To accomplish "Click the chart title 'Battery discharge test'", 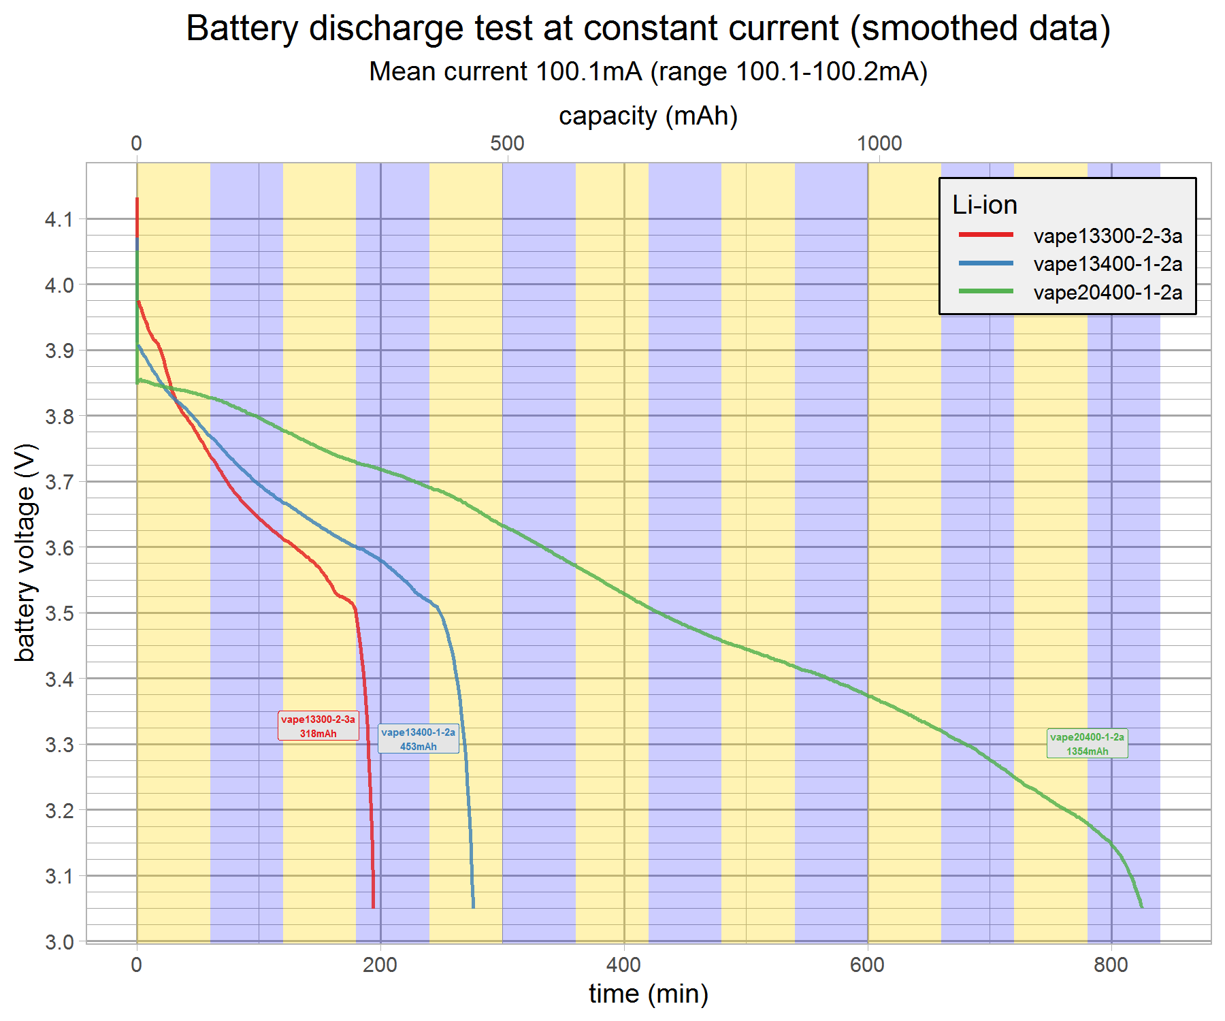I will point(648,29).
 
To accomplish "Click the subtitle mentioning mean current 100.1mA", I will point(648,71).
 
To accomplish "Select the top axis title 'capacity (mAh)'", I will point(648,116).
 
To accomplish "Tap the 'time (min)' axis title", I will point(648,994).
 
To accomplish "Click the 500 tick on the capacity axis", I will point(507,144).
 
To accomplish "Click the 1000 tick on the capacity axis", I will point(879,144).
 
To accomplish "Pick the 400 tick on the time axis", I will point(623,965).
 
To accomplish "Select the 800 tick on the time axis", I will point(1111,965).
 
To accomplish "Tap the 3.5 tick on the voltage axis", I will point(59,613).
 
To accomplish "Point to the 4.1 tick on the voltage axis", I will point(59,219).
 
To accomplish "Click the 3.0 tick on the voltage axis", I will point(59,942).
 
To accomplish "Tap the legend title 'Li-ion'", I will point(984,205).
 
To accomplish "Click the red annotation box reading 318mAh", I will point(318,726).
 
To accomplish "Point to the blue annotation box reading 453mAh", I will point(418,739).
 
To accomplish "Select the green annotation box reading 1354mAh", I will point(1087,744).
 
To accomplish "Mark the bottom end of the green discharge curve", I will point(1141,906).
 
